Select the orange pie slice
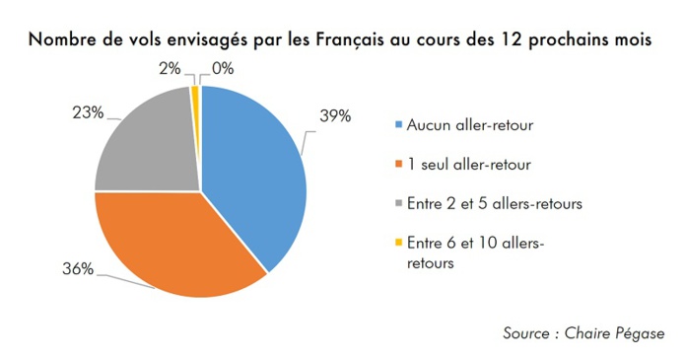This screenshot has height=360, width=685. [177, 247]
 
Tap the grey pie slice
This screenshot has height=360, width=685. [148, 143]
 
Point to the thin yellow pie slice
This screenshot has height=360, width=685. [196, 94]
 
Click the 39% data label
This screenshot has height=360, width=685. [335, 116]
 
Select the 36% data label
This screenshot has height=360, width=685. [78, 269]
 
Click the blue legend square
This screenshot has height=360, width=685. [399, 125]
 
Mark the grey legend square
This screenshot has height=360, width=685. [399, 203]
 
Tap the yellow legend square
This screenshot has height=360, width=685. [399, 243]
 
